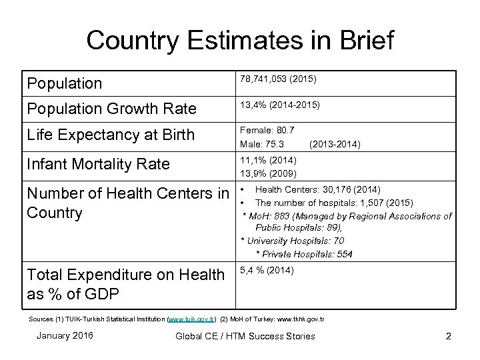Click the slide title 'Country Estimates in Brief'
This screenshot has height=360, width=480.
click(x=240, y=40)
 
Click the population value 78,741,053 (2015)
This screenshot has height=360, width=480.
click(x=278, y=79)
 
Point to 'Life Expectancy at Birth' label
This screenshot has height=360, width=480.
click(x=110, y=135)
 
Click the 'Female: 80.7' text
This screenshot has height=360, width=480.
click(x=267, y=130)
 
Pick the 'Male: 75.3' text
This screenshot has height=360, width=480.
click(x=263, y=144)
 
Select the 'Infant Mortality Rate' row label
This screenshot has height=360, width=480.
click(x=98, y=164)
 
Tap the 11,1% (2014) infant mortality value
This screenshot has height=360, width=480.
click(x=269, y=160)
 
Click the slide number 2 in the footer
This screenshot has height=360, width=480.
click(x=448, y=336)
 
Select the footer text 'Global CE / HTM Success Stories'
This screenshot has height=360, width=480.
click(x=245, y=336)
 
